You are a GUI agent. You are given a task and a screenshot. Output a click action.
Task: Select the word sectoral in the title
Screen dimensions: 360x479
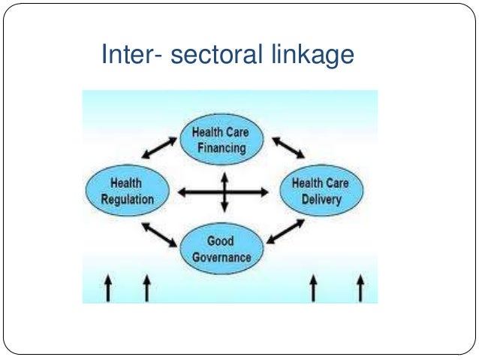[x=211, y=56]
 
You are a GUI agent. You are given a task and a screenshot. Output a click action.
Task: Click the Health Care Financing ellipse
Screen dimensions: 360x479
[x=221, y=139]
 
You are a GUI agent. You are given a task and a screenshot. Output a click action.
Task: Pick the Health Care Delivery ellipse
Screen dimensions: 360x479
[x=321, y=191]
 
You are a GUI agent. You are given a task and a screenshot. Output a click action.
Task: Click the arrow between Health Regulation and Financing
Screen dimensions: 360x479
[x=157, y=148]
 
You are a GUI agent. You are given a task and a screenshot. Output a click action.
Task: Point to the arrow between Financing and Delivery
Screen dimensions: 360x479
[x=288, y=148]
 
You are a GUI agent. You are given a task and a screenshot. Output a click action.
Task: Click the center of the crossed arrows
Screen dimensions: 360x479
[x=223, y=192]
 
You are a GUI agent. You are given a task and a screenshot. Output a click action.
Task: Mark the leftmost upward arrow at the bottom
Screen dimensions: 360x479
[x=108, y=288]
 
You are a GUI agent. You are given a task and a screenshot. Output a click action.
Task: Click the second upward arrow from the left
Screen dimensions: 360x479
[x=146, y=288]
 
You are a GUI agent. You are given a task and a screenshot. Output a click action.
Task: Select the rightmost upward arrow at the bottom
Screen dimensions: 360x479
[x=360, y=288]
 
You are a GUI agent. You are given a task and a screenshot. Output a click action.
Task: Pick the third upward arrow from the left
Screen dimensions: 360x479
[x=313, y=288]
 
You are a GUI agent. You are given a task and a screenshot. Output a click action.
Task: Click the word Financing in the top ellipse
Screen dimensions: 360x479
[x=221, y=147]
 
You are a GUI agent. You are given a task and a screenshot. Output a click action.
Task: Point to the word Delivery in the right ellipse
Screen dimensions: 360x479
[x=321, y=199]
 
